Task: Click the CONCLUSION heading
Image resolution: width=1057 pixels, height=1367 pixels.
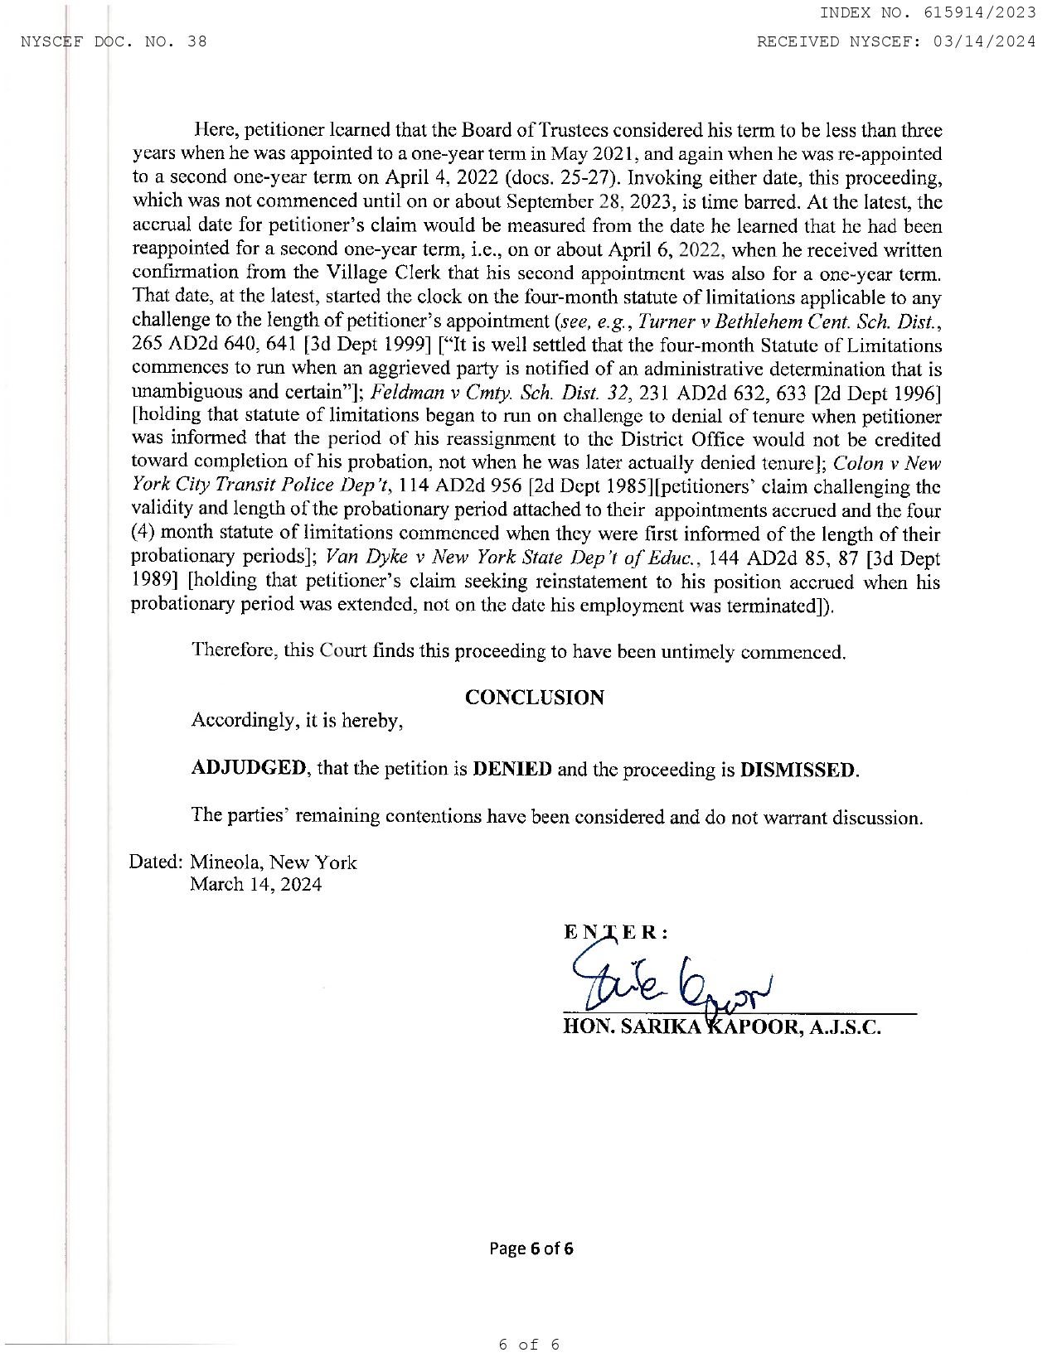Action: click(534, 698)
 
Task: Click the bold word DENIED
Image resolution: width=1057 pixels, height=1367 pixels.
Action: click(512, 769)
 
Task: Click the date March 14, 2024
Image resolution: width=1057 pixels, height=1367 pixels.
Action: click(256, 884)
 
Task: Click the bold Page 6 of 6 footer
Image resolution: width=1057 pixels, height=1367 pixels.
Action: click(531, 1248)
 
